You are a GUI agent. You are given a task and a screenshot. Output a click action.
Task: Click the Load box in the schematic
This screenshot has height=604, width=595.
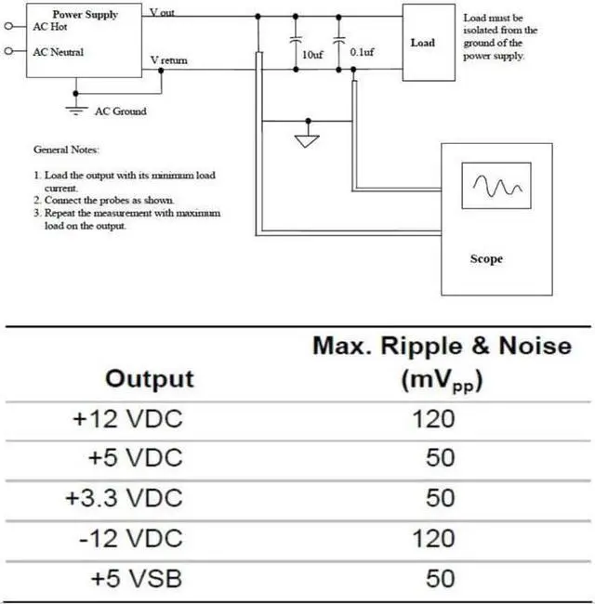click(423, 42)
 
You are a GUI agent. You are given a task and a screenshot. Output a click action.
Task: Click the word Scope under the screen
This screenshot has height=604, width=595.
click(486, 259)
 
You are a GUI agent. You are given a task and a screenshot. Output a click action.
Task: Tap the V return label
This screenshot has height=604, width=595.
click(169, 60)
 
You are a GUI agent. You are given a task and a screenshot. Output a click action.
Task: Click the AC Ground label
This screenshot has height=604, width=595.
click(121, 111)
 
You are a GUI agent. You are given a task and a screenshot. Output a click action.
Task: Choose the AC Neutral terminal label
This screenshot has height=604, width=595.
click(58, 52)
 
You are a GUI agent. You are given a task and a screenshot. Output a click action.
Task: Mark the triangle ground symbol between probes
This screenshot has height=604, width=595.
click(307, 141)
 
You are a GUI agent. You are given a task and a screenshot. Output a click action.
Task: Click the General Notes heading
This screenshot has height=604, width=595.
click(66, 150)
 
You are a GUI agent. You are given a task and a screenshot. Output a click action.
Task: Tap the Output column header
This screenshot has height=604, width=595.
click(150, 378)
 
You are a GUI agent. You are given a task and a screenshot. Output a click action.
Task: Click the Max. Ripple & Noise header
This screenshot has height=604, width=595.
click(441, 347)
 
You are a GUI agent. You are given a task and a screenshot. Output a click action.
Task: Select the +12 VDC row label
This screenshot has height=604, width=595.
click(128, 419)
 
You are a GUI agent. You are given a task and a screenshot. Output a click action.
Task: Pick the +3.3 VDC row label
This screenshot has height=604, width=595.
click(125, 498)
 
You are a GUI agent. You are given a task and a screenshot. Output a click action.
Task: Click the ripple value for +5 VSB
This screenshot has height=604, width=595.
click(440, 578)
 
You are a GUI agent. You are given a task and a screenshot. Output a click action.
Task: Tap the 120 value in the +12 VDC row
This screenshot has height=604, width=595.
click(434, 419)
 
